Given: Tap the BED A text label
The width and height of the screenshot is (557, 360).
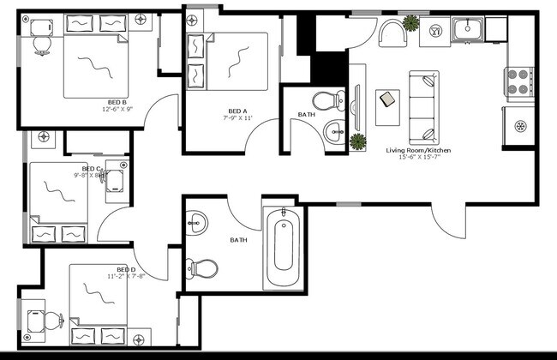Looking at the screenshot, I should pyautogui.click(x=237, y=111).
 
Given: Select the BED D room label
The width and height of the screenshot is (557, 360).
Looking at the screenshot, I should pyautogui.click(x=115, y=268).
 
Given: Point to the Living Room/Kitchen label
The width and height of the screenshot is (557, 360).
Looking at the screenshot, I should pyautogui.click(x=418, y=151).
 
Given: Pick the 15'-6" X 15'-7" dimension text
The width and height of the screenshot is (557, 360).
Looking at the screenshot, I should pyautogui.click(x=418, y=159).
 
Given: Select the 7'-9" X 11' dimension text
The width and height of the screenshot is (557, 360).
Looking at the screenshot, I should pyautogui.click(x=237, y=117).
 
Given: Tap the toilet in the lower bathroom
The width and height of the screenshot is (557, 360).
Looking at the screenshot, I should pyautogui.click(x=202, y=268).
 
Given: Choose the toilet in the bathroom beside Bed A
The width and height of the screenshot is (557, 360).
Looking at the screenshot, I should pyautogui.click(x=326, y=100).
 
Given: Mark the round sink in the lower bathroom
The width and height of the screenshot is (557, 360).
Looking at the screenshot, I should pyautogui.click(x=197, y=224).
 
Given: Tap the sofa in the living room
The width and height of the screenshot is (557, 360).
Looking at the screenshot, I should pyautogui.click(x=422, y=106).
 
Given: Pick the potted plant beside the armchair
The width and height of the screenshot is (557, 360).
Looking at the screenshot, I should pyautogui.click(x=411, y=22).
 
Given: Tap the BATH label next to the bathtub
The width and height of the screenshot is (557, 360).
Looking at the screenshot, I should pyautogui.click(x=239, y=240).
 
